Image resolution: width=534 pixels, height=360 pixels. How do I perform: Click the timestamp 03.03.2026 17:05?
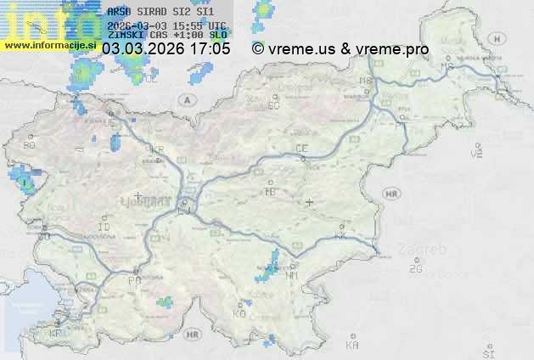[x=166, y=49]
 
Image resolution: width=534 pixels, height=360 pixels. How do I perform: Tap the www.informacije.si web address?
[x=48, y=45]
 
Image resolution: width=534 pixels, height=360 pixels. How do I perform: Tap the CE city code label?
[x=301, y=149]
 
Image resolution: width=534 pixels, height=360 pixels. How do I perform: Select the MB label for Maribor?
[x=366, y=81]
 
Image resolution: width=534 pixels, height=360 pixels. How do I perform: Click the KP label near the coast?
[x=56, y=333]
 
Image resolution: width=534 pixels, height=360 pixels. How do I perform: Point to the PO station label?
[x=133, y=279]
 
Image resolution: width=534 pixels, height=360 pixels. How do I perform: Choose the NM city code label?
[x=293, y=275]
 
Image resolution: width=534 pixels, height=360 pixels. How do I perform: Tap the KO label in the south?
[x=239, y=313]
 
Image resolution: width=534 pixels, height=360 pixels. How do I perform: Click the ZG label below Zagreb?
[x=415, y=268]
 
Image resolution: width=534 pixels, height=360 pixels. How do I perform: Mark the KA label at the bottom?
[x=352, y=345]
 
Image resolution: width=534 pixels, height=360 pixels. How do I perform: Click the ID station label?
[x=104, y=228]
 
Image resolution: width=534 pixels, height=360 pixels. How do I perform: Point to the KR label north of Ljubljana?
[x=157, y=149]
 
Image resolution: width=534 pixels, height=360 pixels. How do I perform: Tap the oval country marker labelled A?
[x=186, y=99]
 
